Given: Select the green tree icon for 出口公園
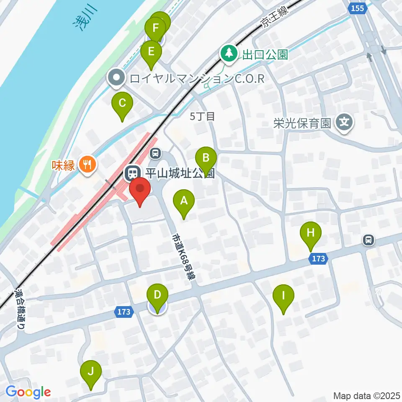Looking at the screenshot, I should point(229,53).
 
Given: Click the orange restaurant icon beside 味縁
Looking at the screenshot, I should point(87,164).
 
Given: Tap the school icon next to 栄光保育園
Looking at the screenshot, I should point(345,123).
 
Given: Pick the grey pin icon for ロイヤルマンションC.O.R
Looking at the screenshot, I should point(116,78).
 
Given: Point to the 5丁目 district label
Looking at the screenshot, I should point(202,116).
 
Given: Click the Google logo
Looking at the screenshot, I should point(28,392).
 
